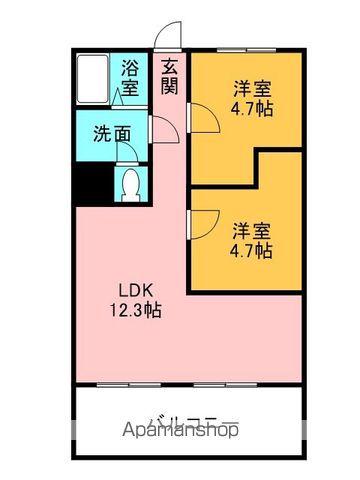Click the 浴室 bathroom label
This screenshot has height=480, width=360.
coord(131,77)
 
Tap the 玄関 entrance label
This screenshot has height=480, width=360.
coord(171,77)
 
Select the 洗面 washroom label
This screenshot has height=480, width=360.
coord(112,132)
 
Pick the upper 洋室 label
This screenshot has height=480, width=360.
coord(252,87)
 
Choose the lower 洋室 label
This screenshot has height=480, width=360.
coord(252,229)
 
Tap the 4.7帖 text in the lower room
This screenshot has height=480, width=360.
coord(252,251)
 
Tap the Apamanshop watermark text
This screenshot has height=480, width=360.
coord(181,432)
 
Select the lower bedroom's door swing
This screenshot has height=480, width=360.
coord(204,222)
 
